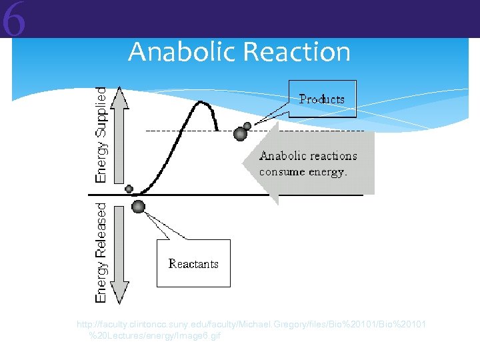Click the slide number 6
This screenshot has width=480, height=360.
[13, 20]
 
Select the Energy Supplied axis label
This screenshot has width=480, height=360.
[101, 135]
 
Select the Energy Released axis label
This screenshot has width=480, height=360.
[101, 253]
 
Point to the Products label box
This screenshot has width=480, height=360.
[322, 99]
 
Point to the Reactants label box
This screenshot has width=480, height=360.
[193, 263]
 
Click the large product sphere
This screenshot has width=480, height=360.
[240, 135]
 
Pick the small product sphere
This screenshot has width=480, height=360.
[247, 126]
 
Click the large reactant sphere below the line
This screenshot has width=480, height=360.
[138, 206]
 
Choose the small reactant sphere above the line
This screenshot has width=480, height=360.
[129, 189]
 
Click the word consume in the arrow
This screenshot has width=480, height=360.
[283, 172]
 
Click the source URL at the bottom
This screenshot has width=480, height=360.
[251, 329]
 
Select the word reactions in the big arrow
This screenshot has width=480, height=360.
[332, 156]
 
